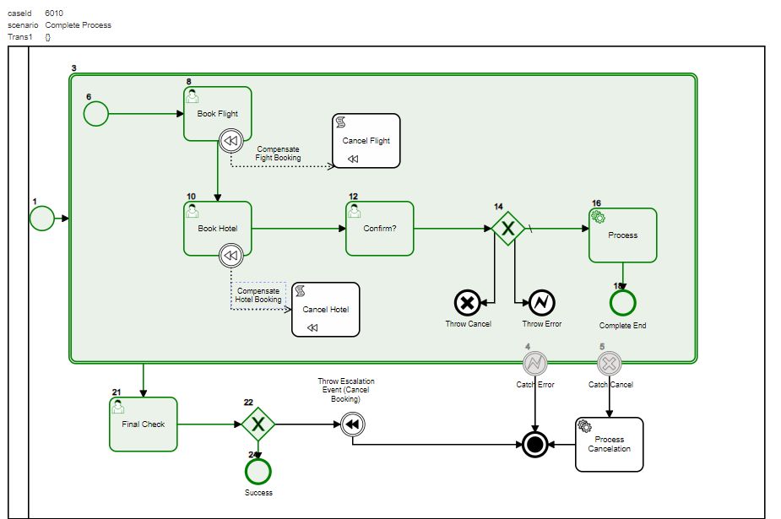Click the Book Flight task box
click(217, 113)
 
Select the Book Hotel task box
click(217, 228)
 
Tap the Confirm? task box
click(379, 228)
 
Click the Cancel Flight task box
click(366, 141)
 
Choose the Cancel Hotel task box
click(325, 309)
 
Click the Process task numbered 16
click(622, 235)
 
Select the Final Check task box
click(143, 424)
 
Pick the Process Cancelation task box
click(609, 444)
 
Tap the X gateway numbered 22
click(258, 424)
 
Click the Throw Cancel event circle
click(467, 302)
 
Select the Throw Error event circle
click(541, 302)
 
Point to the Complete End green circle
click(622, 302)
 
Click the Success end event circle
click(258, 472)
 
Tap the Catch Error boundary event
click(534, 364)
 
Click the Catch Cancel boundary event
click(609, 364)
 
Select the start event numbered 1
click(41, 219)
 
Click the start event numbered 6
click(96, 113)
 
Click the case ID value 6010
click(54, 13)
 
